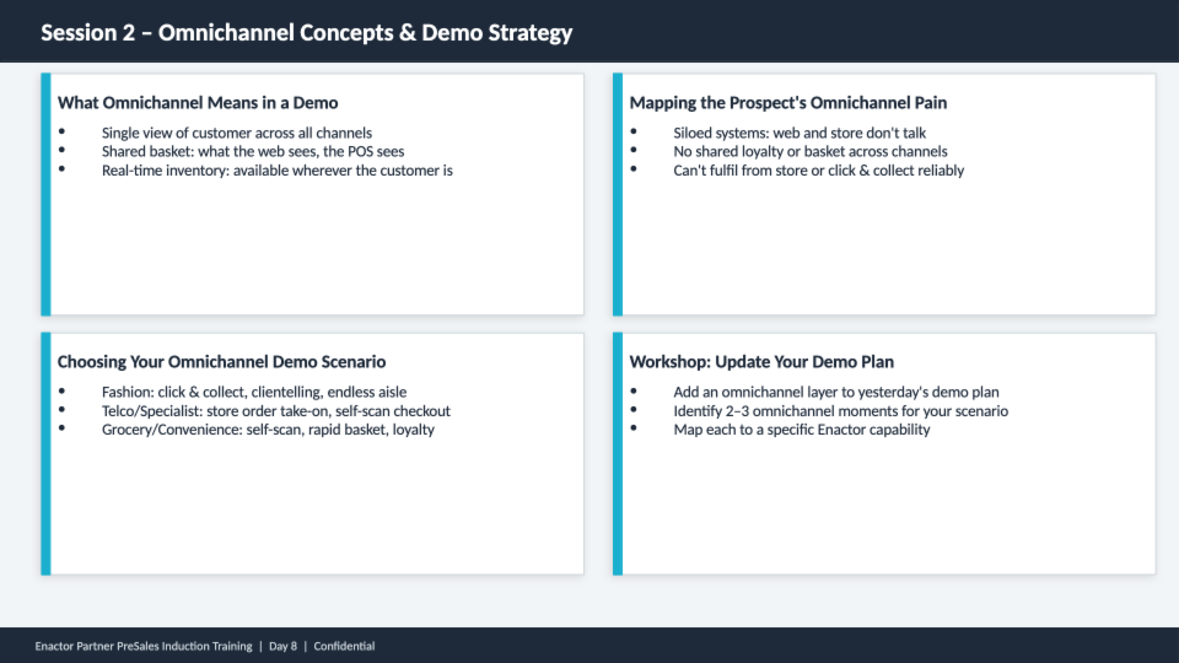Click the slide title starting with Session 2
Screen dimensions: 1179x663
(x=306, y=33)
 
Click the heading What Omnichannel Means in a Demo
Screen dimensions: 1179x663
(x=198, y=103)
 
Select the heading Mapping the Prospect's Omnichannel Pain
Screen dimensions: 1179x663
(x=788, y=103)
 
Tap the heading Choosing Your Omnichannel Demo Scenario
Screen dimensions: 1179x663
(x=222, y=362)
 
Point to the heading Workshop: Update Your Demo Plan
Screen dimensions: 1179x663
(x=761, y=362)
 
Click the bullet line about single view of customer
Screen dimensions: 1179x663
(x=237, y=133)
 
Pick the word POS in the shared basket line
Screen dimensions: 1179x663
(x=360, y=152)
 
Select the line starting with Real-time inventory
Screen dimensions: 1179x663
(x=277, y=171)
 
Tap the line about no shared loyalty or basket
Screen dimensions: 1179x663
(x=811, y=152)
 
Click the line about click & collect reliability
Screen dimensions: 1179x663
(x=819, y=171)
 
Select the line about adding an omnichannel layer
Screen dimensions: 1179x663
(x=836, y=392)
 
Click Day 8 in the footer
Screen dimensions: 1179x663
(x=283, y=646)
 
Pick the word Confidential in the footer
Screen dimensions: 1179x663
(x=344, y=646)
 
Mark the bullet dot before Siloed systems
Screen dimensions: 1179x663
(x=634, y=131)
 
